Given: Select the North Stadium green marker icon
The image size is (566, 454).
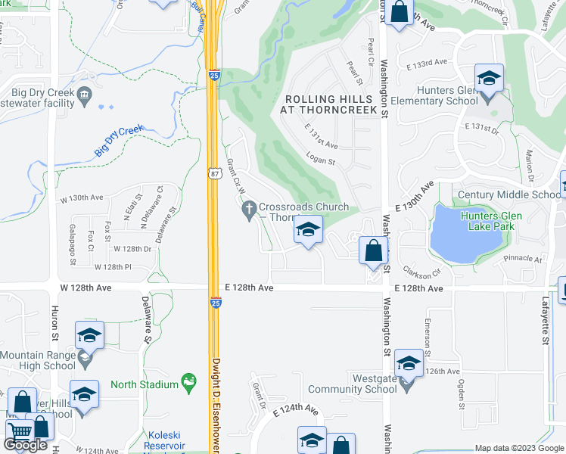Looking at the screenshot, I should tap(188, 384).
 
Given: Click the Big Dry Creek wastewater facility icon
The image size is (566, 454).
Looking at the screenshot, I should tap(84, 95).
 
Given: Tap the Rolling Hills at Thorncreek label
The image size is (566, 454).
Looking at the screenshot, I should tap(328, 104).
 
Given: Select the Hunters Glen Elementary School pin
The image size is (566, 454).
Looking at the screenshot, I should tap(489, 79).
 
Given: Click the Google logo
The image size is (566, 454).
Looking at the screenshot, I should tap(26, 445).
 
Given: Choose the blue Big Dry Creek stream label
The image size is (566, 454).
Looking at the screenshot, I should tap(119, 141).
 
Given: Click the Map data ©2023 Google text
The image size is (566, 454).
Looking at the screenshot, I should tap(518, 448).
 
